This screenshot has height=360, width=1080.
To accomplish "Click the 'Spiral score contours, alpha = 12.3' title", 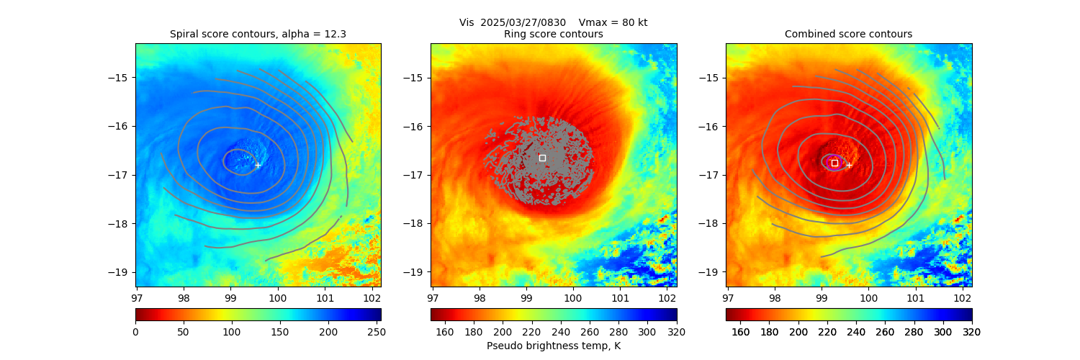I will [258, 34].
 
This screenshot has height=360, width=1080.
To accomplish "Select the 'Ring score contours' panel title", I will [553, 34].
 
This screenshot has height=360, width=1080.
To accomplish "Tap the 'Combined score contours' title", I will [848, 34].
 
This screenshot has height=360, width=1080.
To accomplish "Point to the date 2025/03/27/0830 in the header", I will [519, 22].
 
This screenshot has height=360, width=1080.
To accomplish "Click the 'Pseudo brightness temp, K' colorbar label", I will [553, 346].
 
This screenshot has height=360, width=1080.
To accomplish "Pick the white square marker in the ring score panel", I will [542, 158].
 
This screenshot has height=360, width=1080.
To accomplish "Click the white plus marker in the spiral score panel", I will [258, 165].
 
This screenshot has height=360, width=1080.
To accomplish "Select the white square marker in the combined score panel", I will [834, 163].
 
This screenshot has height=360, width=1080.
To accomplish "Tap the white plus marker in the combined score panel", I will [849, 165].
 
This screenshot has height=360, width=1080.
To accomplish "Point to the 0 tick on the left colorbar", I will [135, 332].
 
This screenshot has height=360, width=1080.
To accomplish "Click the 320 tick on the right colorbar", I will [972, 332].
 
